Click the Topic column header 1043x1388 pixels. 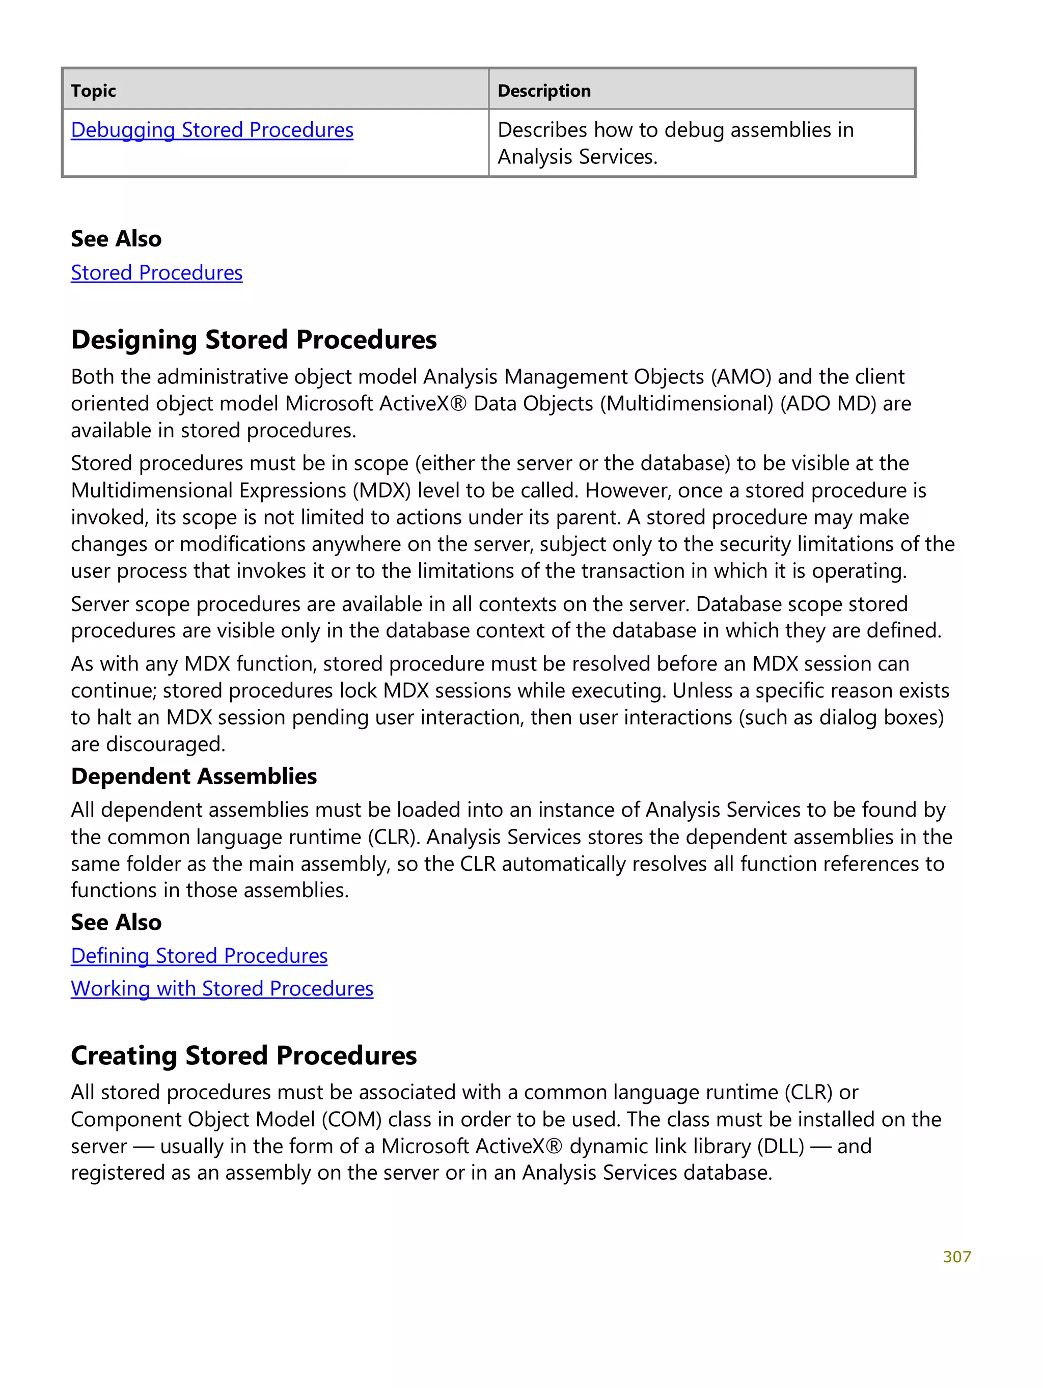[94, 91]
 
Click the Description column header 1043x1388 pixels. [543, 91]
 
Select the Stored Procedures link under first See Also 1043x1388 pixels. [156, 273]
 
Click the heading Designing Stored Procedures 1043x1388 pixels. [254, 340]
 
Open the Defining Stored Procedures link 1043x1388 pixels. [199, 956]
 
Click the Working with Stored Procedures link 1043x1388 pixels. [222, 989]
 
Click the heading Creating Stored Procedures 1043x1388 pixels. [243, 1056]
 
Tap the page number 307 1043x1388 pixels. [956, 1257]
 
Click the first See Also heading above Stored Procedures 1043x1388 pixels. [116, 239]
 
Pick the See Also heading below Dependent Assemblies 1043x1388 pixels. [116, 923]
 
